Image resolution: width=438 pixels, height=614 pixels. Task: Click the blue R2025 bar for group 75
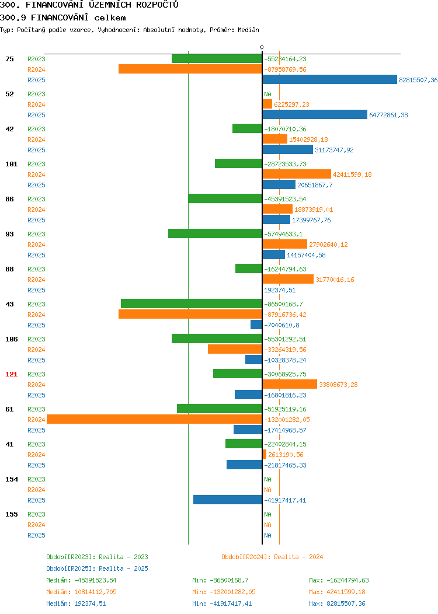329,79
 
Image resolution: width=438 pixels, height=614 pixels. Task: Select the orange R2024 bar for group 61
154,420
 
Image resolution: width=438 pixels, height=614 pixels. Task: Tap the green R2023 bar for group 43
191,303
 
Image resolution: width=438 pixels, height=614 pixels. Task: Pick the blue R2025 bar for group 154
228,500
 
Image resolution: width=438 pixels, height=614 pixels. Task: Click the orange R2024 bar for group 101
297,175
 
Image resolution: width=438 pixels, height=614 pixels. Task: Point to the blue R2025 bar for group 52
315,114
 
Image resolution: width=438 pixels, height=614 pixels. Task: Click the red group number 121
11,374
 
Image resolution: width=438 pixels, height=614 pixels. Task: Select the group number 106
11,339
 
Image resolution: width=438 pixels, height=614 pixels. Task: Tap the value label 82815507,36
418,80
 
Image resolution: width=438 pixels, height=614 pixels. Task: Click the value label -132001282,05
287,420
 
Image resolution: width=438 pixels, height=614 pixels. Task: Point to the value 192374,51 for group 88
280,290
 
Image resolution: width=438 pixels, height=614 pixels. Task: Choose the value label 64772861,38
388,115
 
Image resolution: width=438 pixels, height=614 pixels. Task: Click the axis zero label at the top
262,47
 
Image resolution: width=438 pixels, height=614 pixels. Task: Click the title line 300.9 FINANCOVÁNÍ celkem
62,18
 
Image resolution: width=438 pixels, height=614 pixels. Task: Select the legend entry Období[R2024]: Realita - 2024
272,557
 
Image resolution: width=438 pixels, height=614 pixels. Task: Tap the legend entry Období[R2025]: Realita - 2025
97,568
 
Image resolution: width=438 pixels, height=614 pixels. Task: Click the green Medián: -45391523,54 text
81,580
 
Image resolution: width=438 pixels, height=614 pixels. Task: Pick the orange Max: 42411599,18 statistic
337,592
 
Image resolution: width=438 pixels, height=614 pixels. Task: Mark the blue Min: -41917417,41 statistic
222,603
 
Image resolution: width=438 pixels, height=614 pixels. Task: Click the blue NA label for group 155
267,535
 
